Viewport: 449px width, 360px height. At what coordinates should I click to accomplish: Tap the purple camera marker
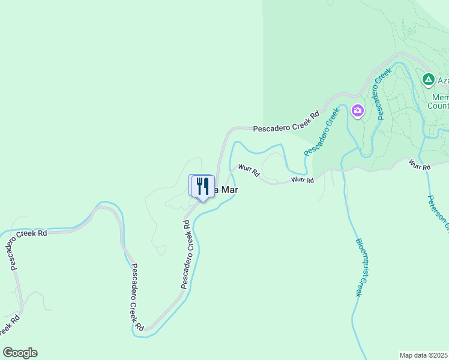pos(358,110)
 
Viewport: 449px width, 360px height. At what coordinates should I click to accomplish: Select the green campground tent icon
pos(428,79)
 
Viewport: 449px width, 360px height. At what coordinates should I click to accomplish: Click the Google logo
pos(20,353)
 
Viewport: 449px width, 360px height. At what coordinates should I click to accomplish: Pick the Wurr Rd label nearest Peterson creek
pos(420,164)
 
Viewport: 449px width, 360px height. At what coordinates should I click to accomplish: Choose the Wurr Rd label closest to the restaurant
pos(249,170)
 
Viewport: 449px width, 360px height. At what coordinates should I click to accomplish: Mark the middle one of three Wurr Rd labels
pos(303,179)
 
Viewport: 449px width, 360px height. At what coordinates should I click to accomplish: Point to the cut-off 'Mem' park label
pos(440,97)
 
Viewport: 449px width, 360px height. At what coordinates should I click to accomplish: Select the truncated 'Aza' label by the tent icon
pos(442,80)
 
